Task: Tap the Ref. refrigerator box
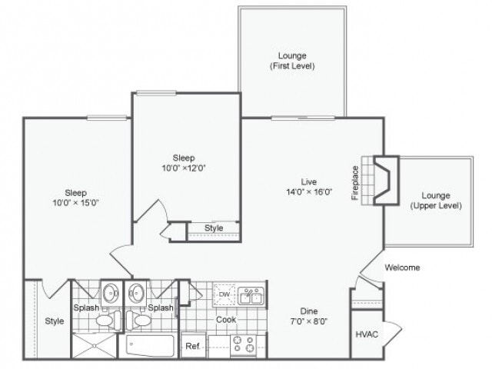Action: pyautogui.click(x=193, y=346)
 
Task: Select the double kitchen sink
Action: pyautogui.click(x=251, y=296)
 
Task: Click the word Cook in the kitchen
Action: pyautogui.click(x=225, y=320)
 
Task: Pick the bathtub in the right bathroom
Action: pyautogui.click(x=152, y=345)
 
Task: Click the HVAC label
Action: pyautogui.click(x=366, y=334)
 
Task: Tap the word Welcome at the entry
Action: pyautogui.click(x=401, y=268)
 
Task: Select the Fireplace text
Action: pyautogui.click(x=355, y=183)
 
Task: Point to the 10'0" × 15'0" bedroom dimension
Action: pyautogui.click(x=75, y=203)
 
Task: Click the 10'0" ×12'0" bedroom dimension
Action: pyautogui.click(x=183, y=167)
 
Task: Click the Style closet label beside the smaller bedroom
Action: pyautogui.click(x=214, y=228)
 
